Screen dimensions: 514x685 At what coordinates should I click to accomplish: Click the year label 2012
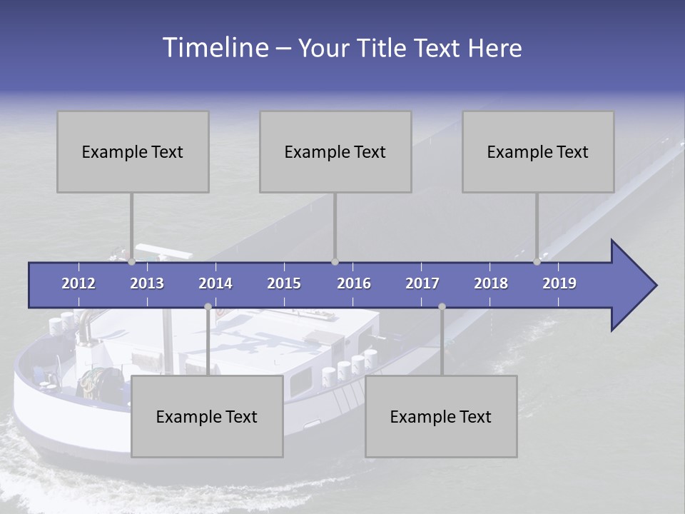[x=78, y=283]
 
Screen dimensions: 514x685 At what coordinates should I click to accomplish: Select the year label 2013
[x=147, y=283]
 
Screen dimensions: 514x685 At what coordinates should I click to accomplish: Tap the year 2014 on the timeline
[x=215, y=283]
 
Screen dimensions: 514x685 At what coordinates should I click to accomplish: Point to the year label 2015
[x=284, y=283]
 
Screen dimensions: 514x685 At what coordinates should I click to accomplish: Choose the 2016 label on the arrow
[x=354, y=283]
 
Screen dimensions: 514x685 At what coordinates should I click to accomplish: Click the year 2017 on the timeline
[x=422, y=283]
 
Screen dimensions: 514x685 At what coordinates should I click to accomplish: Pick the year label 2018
[x=491, y=283]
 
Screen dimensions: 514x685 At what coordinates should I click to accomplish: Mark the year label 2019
[x=559, y=283]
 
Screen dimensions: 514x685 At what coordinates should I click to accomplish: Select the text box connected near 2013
[x=133, y=151]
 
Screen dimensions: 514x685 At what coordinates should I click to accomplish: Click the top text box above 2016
[x=335, y=151]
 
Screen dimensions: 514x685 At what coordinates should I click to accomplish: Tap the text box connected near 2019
[x=538, y=151]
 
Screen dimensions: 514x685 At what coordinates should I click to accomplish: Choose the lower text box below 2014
[x=207, y=416]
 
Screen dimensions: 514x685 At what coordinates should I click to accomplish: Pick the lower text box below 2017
[x=441, y=416]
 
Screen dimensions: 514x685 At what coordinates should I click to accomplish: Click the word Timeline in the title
[x=215, y=47]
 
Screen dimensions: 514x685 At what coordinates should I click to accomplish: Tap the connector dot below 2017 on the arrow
[x=442, y=307]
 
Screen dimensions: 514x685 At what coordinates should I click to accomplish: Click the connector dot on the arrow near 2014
[x=208, y=307]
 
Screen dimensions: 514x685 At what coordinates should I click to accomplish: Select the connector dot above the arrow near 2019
[x=537, y=262]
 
